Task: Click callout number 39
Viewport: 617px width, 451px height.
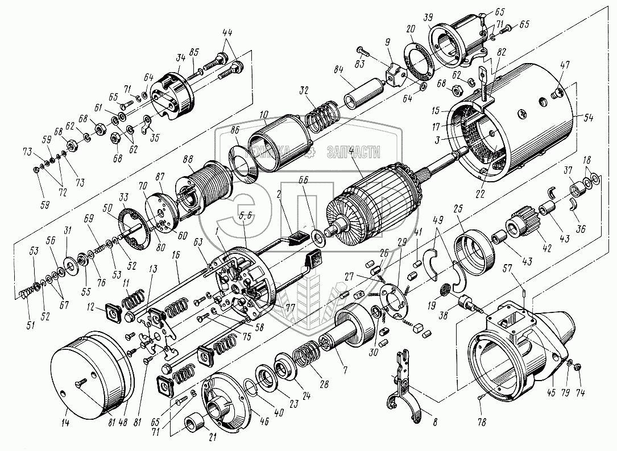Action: pos(426,16)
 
